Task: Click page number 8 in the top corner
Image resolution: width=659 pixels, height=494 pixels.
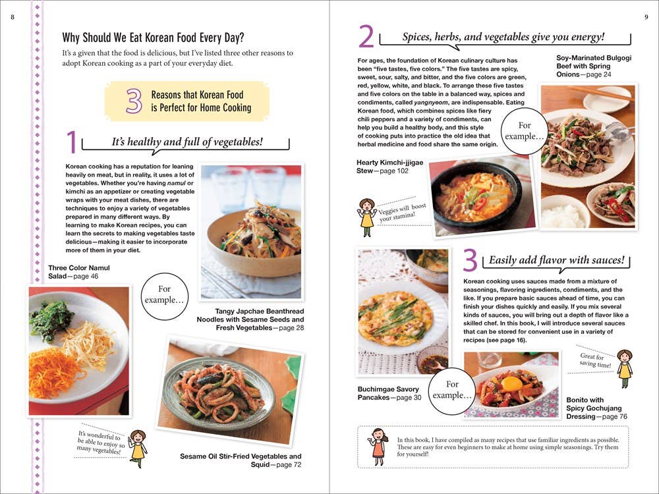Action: (13, 16)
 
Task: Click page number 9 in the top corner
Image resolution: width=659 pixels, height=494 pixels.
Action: (646, 16)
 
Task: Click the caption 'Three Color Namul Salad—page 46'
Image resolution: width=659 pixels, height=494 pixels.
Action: (79, 272)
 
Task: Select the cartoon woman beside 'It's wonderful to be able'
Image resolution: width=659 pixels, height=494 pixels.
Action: (138, 447)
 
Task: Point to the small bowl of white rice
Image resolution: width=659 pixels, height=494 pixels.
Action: (563, 213)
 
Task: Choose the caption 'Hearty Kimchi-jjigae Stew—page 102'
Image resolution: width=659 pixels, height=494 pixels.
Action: (389, 167)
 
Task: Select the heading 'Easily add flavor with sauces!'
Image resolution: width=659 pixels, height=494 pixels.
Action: (556, 260)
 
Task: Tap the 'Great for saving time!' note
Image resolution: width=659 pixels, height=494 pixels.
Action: (595, 361)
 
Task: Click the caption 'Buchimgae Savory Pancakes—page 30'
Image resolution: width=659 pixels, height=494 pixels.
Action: (389, 393)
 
